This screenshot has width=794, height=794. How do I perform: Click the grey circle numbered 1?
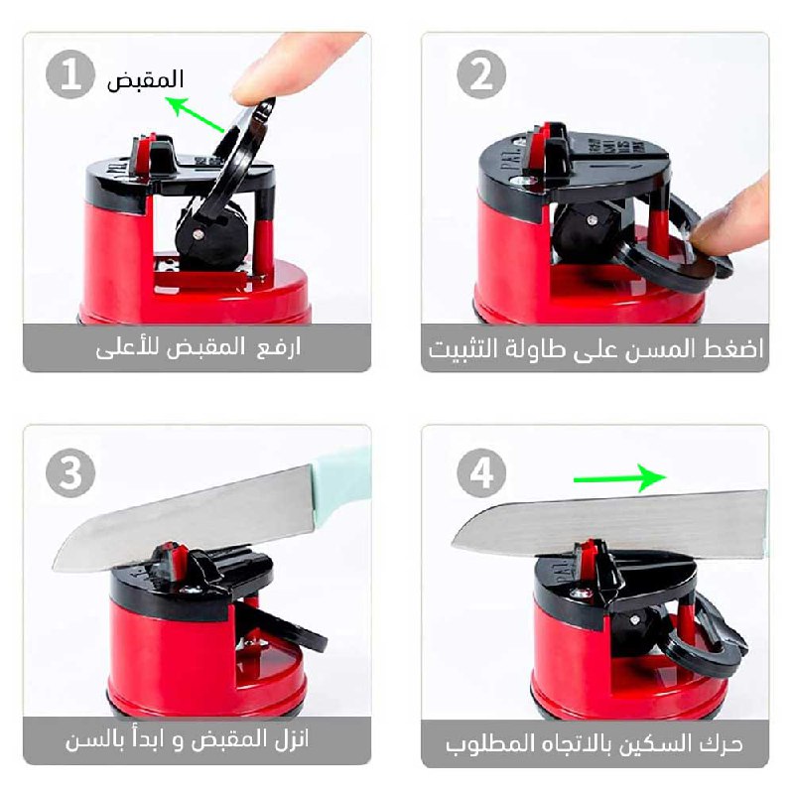(x=70, y=74)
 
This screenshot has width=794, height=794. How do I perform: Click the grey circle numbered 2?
(x=481, y=74)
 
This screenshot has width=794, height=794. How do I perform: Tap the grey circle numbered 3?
(x=70, y=473)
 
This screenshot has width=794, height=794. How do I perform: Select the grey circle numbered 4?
(x=481, y=473)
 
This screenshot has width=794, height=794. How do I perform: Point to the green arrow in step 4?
(x=619, y=477)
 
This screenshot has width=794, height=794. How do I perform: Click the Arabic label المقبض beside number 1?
(x=145, y=80)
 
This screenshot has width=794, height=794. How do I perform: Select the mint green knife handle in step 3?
(x=341, y=487)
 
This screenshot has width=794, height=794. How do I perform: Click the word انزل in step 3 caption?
(x=292, y=739)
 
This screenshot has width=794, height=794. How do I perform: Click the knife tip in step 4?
(x=454, y=544)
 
